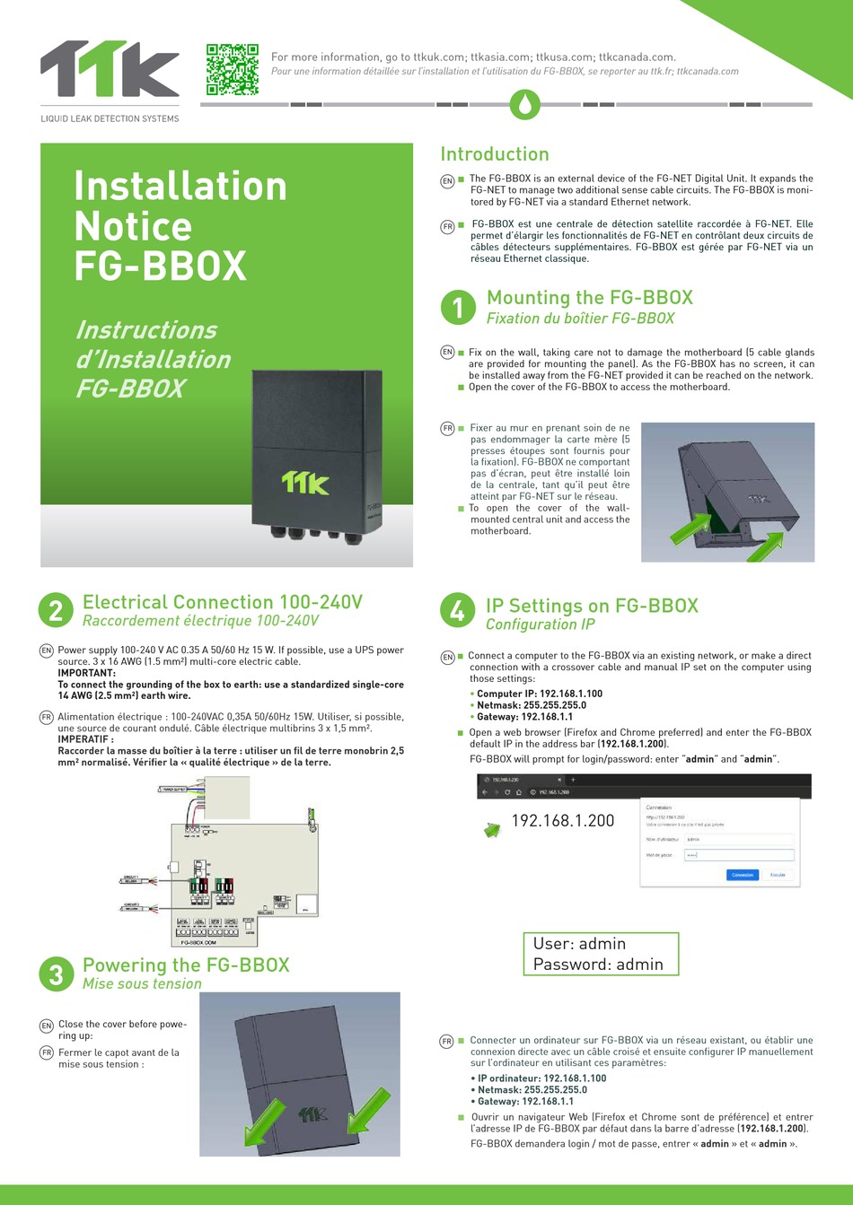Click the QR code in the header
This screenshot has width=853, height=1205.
(x=232, y=69)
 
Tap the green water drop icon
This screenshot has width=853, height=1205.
(x=525, y=104)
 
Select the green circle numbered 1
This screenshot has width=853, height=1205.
(x=458, y=308)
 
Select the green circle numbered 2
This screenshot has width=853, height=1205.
(x=56, y=611)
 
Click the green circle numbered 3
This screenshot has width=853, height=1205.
(x=56, y=974)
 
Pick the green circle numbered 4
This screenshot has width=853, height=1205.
(x=457, y=611)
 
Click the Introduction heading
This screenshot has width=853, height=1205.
(x=494, y=154)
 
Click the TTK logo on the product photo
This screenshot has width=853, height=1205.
(x=305, y=483)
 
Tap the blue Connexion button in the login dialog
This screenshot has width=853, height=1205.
(x=742, y=875)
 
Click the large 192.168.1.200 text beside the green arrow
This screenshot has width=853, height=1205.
(x=563, y=820)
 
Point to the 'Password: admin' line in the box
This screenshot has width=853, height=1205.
(x=598, y=965)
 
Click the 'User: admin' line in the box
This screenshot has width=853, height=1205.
(x=579, y=944)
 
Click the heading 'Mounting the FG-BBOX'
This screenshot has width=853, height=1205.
(x=589, y=298)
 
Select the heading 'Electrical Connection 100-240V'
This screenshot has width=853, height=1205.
(x=222, y=602)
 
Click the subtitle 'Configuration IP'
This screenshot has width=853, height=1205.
(x=540, y=624)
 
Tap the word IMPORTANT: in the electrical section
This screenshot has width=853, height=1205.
(x=86, y=673)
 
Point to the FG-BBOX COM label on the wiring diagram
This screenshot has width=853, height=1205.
(x=198, y=943)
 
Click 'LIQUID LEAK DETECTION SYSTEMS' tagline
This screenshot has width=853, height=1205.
(x=110, y=118)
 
